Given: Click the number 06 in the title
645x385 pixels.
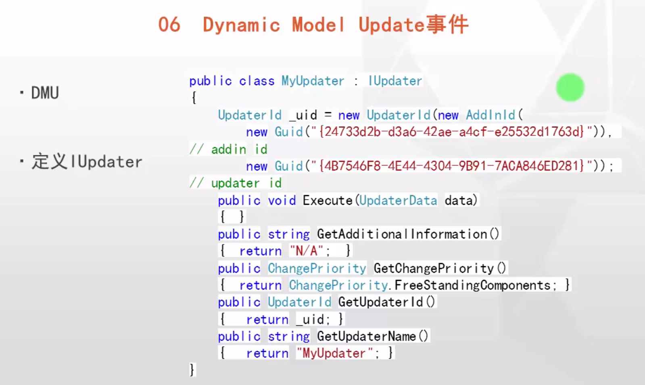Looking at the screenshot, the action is (x=169, y=25).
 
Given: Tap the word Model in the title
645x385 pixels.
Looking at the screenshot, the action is (x=318, y=25).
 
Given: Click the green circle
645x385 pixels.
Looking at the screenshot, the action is (x=570, y=87).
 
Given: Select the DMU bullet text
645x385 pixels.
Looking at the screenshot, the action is (x=45, y=93).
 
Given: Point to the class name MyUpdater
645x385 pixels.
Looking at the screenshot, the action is (x=313, y=81).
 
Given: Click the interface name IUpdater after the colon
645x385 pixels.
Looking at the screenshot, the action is (x=395, y=81).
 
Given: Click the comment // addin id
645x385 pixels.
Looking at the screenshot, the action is (x=228, y=150).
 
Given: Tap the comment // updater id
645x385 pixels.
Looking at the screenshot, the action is (x=236, y=183).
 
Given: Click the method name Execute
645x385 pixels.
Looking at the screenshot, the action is (x=328, y=200).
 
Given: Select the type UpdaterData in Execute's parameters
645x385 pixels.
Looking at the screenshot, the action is (x=398, y=200).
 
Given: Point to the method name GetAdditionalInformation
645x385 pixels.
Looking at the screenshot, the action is (x=402, y=234).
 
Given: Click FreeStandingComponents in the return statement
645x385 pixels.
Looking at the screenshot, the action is (x=472, y=285).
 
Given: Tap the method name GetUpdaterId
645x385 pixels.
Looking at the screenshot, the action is (x=380, y=302).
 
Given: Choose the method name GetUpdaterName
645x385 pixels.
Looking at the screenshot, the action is (x=366, y=336).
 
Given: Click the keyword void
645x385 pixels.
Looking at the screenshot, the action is (x=282, y=200).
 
